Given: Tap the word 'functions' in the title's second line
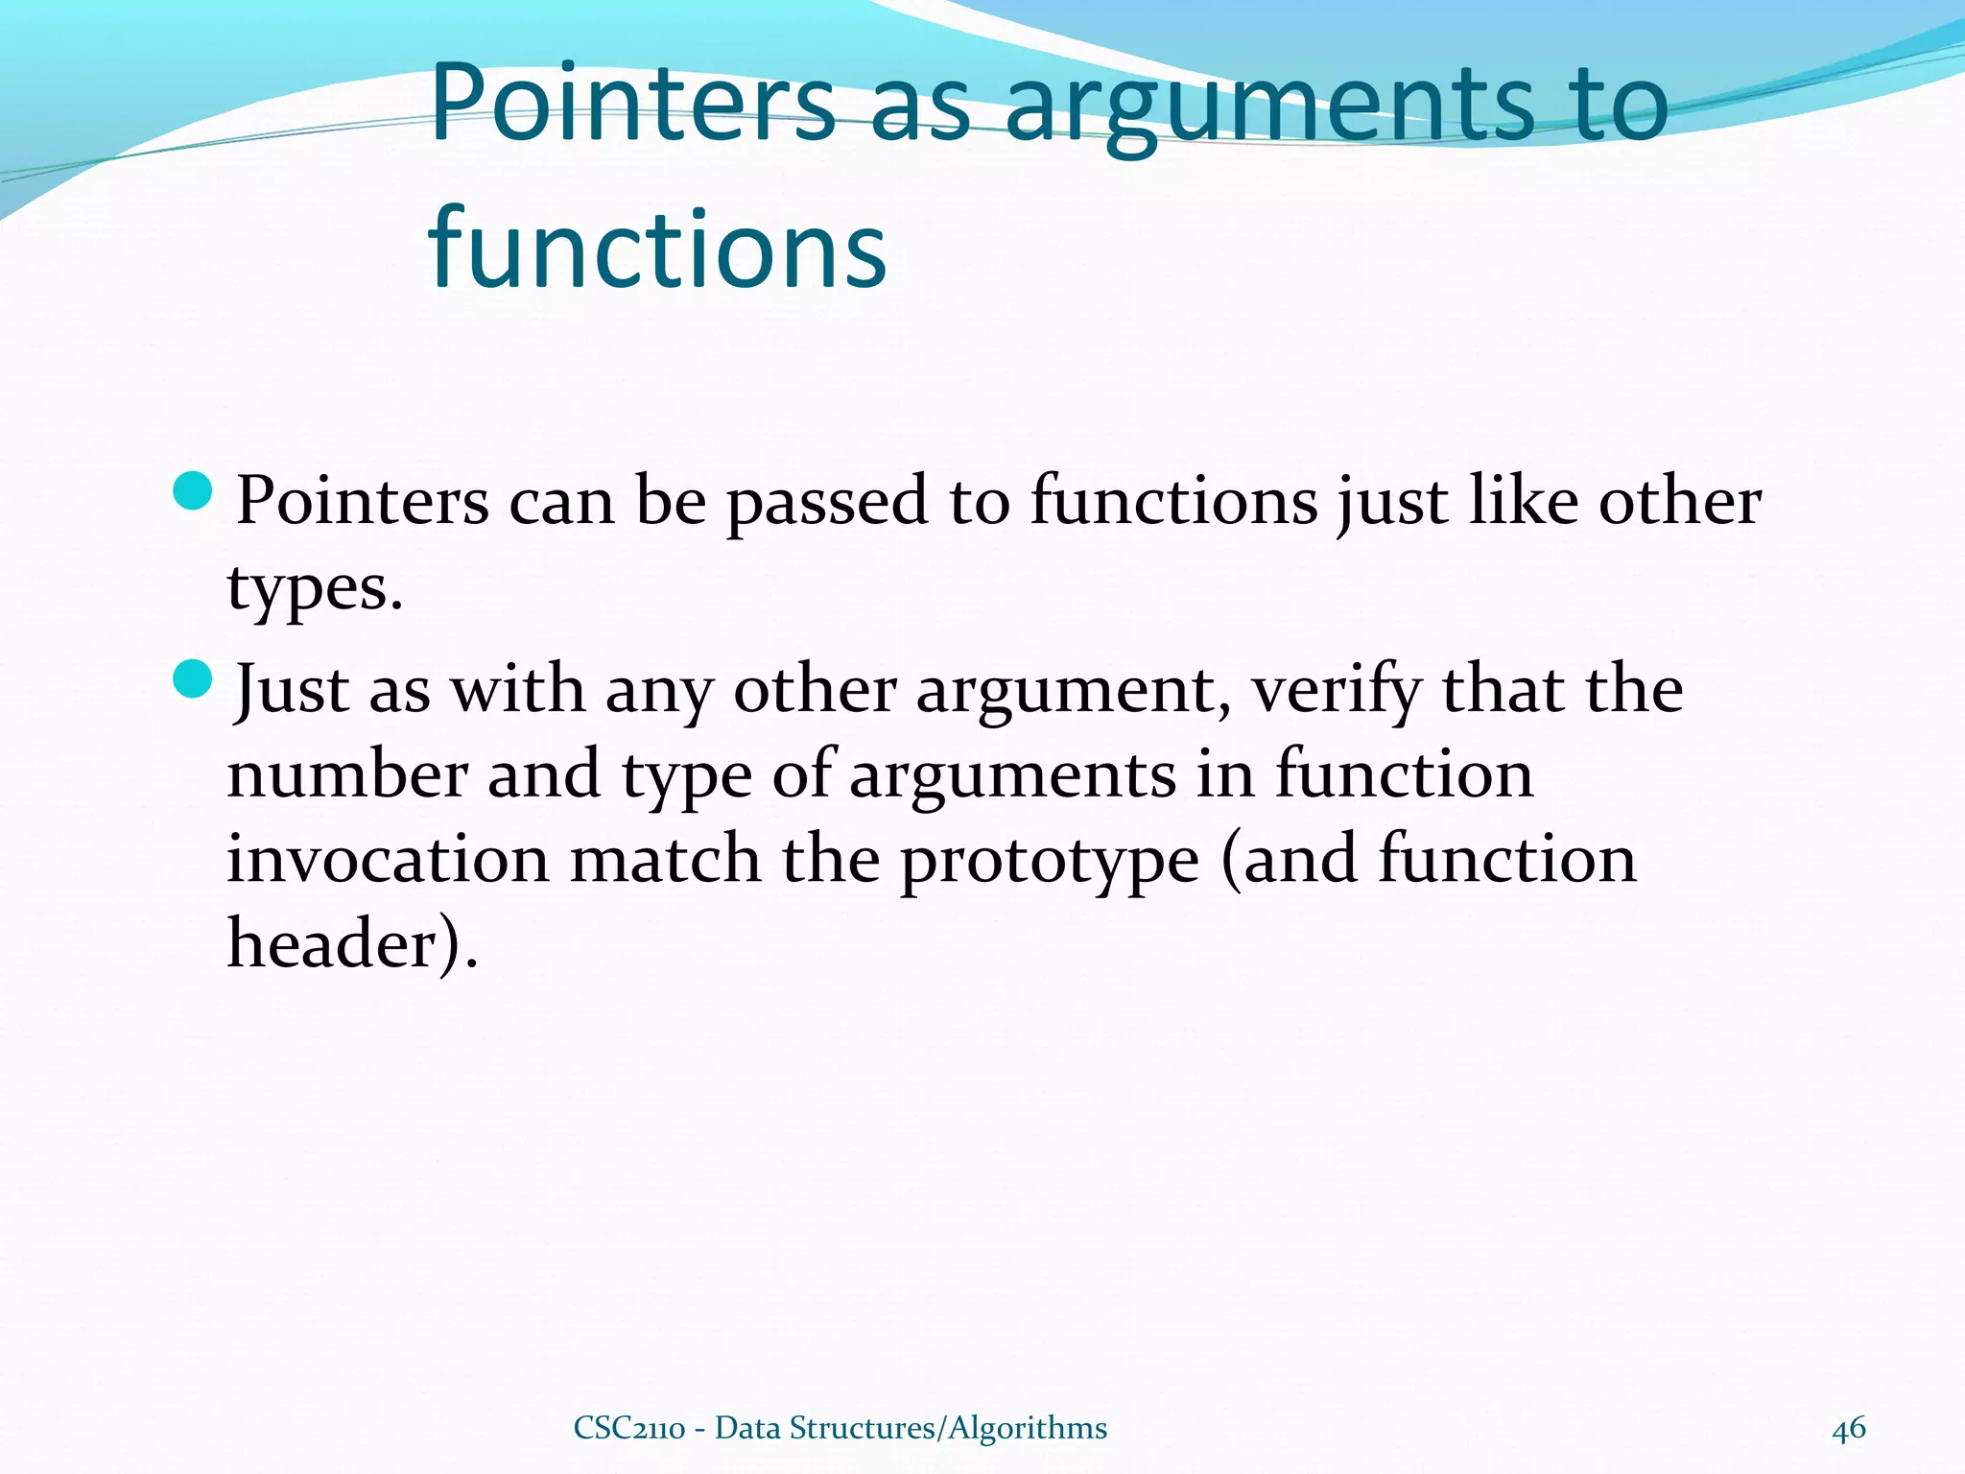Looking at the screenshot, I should (x=657, y=250).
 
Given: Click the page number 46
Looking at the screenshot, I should (x=1848, y=1428).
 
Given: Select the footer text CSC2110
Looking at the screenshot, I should (x=628, y=1428).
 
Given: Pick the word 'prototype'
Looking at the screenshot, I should (x=1049, y=861).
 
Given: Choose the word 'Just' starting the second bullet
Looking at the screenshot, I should (x=292, y=690).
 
